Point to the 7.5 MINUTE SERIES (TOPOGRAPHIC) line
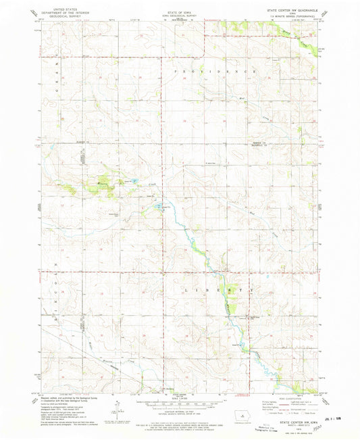294,16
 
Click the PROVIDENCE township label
216,71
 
